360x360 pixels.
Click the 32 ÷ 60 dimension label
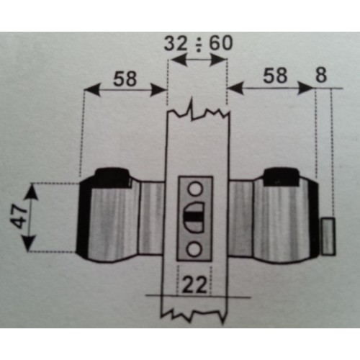point(198,43)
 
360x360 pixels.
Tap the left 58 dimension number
point(125,78)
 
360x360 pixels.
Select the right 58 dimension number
point(275,75)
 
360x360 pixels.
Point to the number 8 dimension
point(321,75)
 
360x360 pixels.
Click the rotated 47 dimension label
point(20,217)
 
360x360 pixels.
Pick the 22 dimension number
point(194,285)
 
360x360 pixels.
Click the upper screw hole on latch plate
point(194,189)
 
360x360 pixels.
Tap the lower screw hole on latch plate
point(194,249)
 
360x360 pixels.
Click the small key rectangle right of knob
point(328,236)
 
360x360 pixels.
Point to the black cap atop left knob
point(113,178)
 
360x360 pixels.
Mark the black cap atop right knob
point(282,176)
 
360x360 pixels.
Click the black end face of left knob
point(83,217)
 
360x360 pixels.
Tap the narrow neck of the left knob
point(151,218)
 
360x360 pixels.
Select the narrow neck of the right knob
point(240,219)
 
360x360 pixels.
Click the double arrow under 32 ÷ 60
point(197,60)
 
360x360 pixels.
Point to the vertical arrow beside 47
point(31,217)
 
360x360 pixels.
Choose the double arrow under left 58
point(125,90)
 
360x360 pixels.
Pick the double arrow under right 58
point(271,89)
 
